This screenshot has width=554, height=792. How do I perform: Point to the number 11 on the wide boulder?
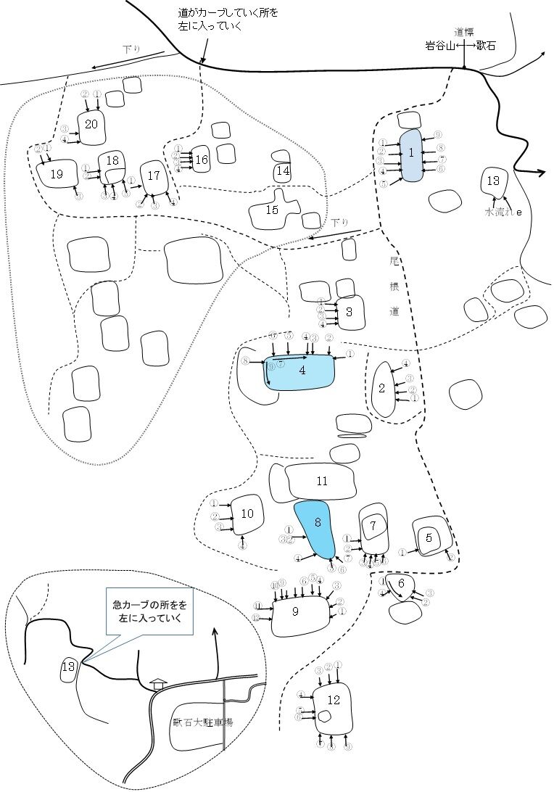click(323, 481)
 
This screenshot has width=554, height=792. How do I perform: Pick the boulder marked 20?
click(91, 125)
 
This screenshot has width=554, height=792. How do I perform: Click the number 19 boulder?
click(57, 175)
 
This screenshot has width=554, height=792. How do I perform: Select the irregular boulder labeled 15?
click(273, 210)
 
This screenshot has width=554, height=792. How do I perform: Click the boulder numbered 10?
click(247, 514)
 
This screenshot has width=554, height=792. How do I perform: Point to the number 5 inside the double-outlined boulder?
click(429, 538)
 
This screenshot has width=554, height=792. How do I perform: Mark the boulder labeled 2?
click(381, 388)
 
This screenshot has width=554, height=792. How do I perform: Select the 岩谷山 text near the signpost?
click(439, 45)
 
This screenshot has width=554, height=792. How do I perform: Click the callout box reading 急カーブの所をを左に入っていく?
click(149, 612)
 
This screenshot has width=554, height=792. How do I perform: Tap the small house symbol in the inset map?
click(157, 683)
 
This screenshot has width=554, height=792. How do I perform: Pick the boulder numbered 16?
click(201, 160)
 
